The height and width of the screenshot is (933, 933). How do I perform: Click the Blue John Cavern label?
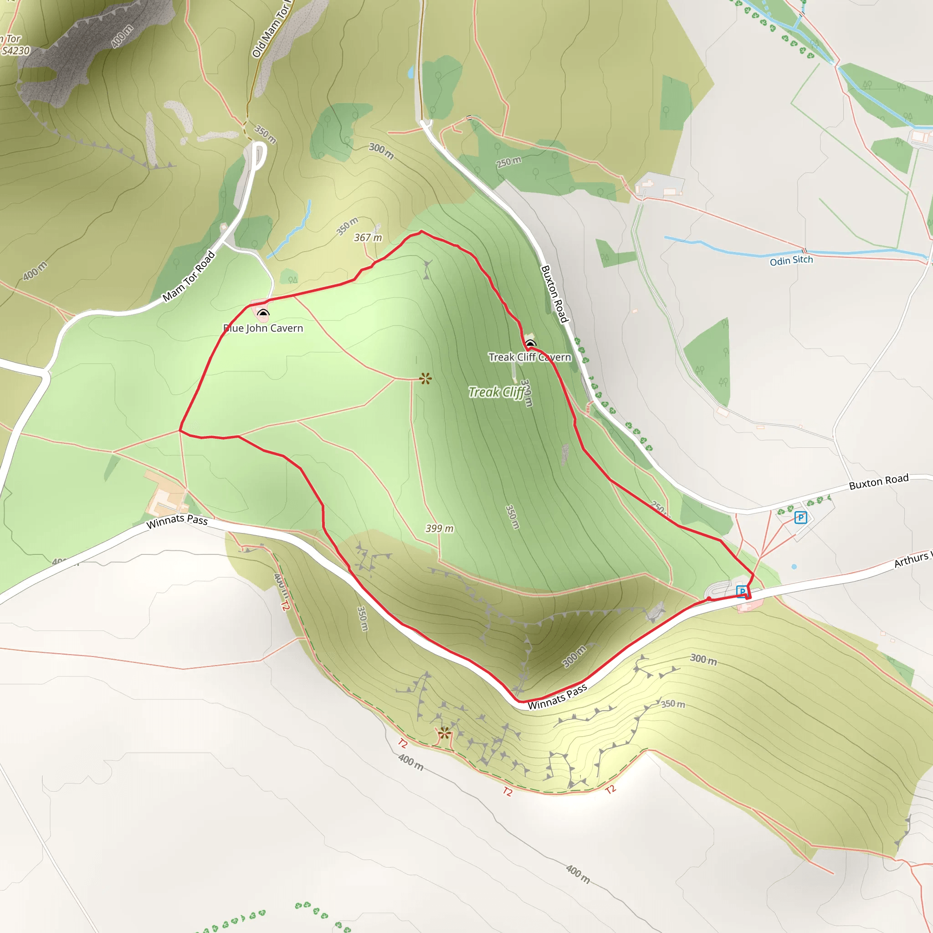coord(263,328)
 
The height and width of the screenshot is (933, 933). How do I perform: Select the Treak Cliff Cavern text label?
coord(529,357)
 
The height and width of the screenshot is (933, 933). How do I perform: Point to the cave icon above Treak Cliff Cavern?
coord(530,344)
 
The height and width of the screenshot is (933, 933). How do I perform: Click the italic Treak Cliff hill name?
coord(497,392)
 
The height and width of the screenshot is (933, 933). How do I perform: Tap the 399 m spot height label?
coord(440,529)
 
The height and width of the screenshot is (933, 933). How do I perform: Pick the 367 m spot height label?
coord(368,238)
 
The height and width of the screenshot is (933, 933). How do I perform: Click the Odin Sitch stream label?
coord(791,261)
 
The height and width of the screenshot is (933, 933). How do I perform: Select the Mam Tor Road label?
coord(188,276)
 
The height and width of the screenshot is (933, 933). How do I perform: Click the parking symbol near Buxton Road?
coord(800,518)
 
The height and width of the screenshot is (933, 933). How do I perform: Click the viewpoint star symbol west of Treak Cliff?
coord(425,379)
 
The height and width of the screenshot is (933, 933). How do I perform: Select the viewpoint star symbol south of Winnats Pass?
coord(444,734)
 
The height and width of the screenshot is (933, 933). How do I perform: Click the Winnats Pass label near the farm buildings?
coord(177,521)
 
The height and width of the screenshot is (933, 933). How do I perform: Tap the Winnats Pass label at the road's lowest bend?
coord(557,697)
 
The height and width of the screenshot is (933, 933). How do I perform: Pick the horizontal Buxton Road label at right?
coord(878,482)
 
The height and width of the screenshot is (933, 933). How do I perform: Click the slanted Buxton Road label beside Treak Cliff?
coord(554,294)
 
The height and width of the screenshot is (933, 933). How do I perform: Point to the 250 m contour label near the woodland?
coord(508,162)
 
